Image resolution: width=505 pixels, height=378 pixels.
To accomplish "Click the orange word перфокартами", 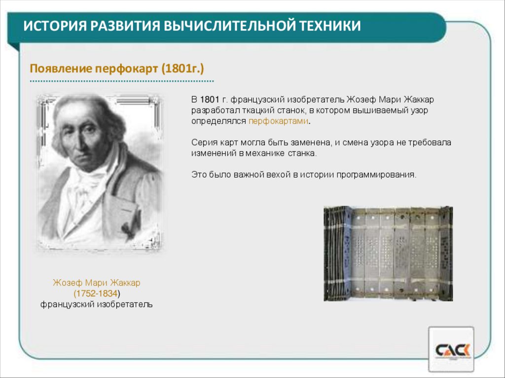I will pyautogui.click(x=280, y=121).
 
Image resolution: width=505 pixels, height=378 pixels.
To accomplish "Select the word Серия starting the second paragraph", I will pyautogui.click(x=202, y=143).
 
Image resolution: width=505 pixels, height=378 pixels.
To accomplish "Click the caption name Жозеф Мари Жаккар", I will pyautogui.click(x=97, y=283).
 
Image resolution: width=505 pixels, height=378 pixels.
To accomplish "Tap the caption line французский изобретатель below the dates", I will pyautogui.click(x=97, y=304).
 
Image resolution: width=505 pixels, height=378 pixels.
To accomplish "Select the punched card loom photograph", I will pyautogui.click(x=388, y=253).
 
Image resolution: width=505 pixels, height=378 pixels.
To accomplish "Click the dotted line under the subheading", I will pyautogui.click(x=122, y=80).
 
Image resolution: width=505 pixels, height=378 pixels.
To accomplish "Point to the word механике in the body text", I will pyautogui.click(x=269, y=153).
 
